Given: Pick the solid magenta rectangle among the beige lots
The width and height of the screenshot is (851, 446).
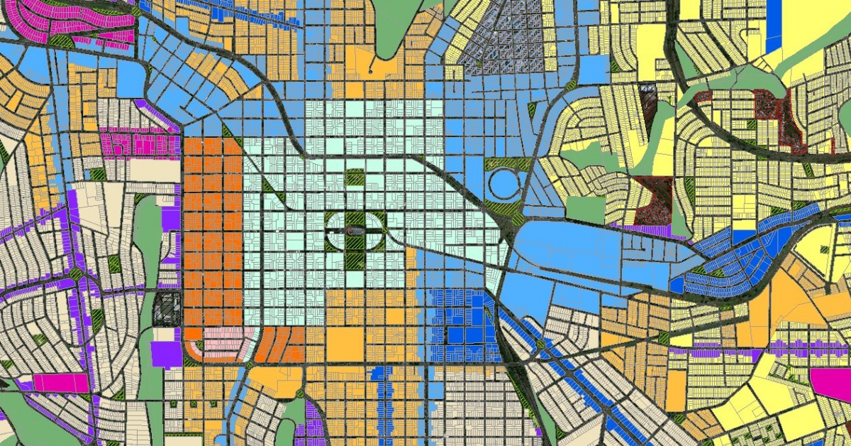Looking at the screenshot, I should [x=61, y=383].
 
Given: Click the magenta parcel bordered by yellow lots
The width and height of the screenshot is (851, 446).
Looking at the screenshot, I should [x=831, y=381].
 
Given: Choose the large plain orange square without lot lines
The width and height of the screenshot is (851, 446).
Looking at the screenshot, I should [x=345, y=344].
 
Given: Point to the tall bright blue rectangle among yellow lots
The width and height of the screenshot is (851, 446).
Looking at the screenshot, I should [x=775, y=25].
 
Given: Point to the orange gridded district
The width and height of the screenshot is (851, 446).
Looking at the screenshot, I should [x=213, y=234].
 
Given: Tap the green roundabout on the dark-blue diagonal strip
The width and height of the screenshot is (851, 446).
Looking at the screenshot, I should [x=543, y=344].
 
